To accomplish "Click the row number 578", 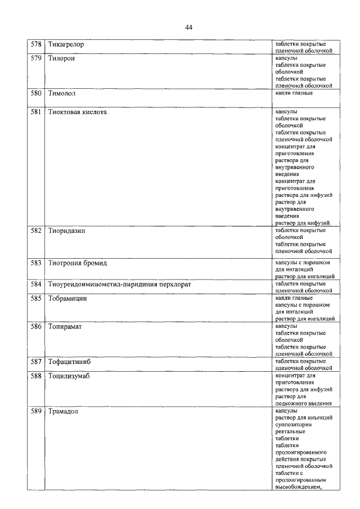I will click(x=37, y=44).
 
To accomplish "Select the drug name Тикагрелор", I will click(x=66, y=44).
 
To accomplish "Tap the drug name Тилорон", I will click(x=62, y=58).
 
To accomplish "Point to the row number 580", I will click(x=37, y=93).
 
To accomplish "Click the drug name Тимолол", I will click(x=62, y=93).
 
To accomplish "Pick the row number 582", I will click(x=37, y=231).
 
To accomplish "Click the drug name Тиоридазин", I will click(x=67, y=231).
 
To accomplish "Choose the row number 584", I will click(x=37, y=284).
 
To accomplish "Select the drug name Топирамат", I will click(x=65, y=327).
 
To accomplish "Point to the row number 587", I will click(x=37, y=362).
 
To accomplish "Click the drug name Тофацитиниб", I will click(x=69, y=362).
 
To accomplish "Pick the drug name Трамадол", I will click(x=63, y=411).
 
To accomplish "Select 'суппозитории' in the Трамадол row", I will click(x=294, y=425).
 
